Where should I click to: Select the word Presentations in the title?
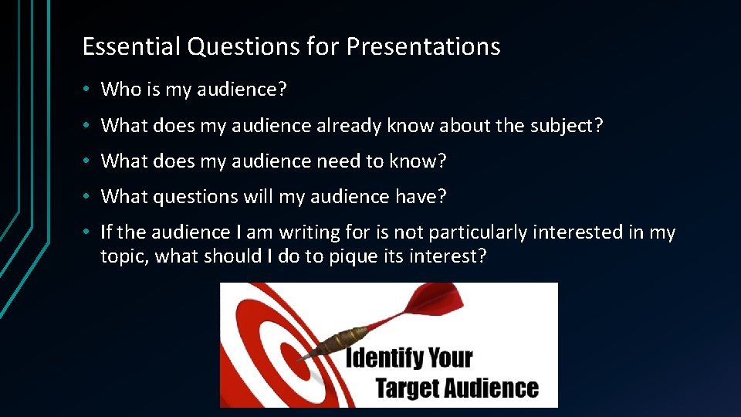coord(423,47)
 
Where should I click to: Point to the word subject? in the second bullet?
coord(567,125)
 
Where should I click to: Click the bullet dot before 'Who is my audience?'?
coord(89,90)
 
